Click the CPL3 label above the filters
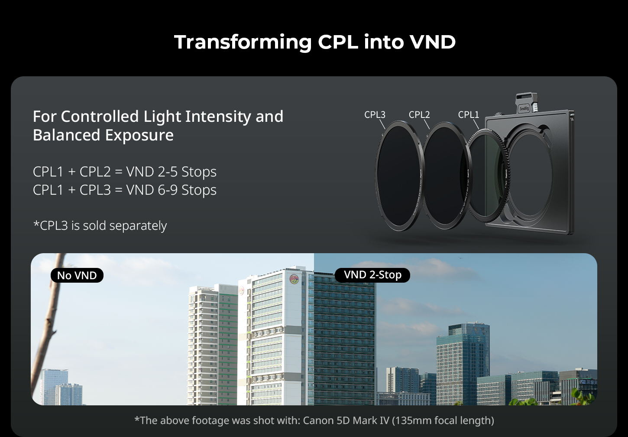375,114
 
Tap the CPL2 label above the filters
419,114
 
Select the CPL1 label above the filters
469,114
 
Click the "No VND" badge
77,275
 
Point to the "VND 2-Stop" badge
372,275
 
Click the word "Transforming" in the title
243,42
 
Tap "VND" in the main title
433,42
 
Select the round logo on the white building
294,279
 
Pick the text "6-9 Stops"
187,190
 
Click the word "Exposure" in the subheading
139,135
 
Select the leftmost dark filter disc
399,176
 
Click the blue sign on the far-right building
589,382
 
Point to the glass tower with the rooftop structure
463,362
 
